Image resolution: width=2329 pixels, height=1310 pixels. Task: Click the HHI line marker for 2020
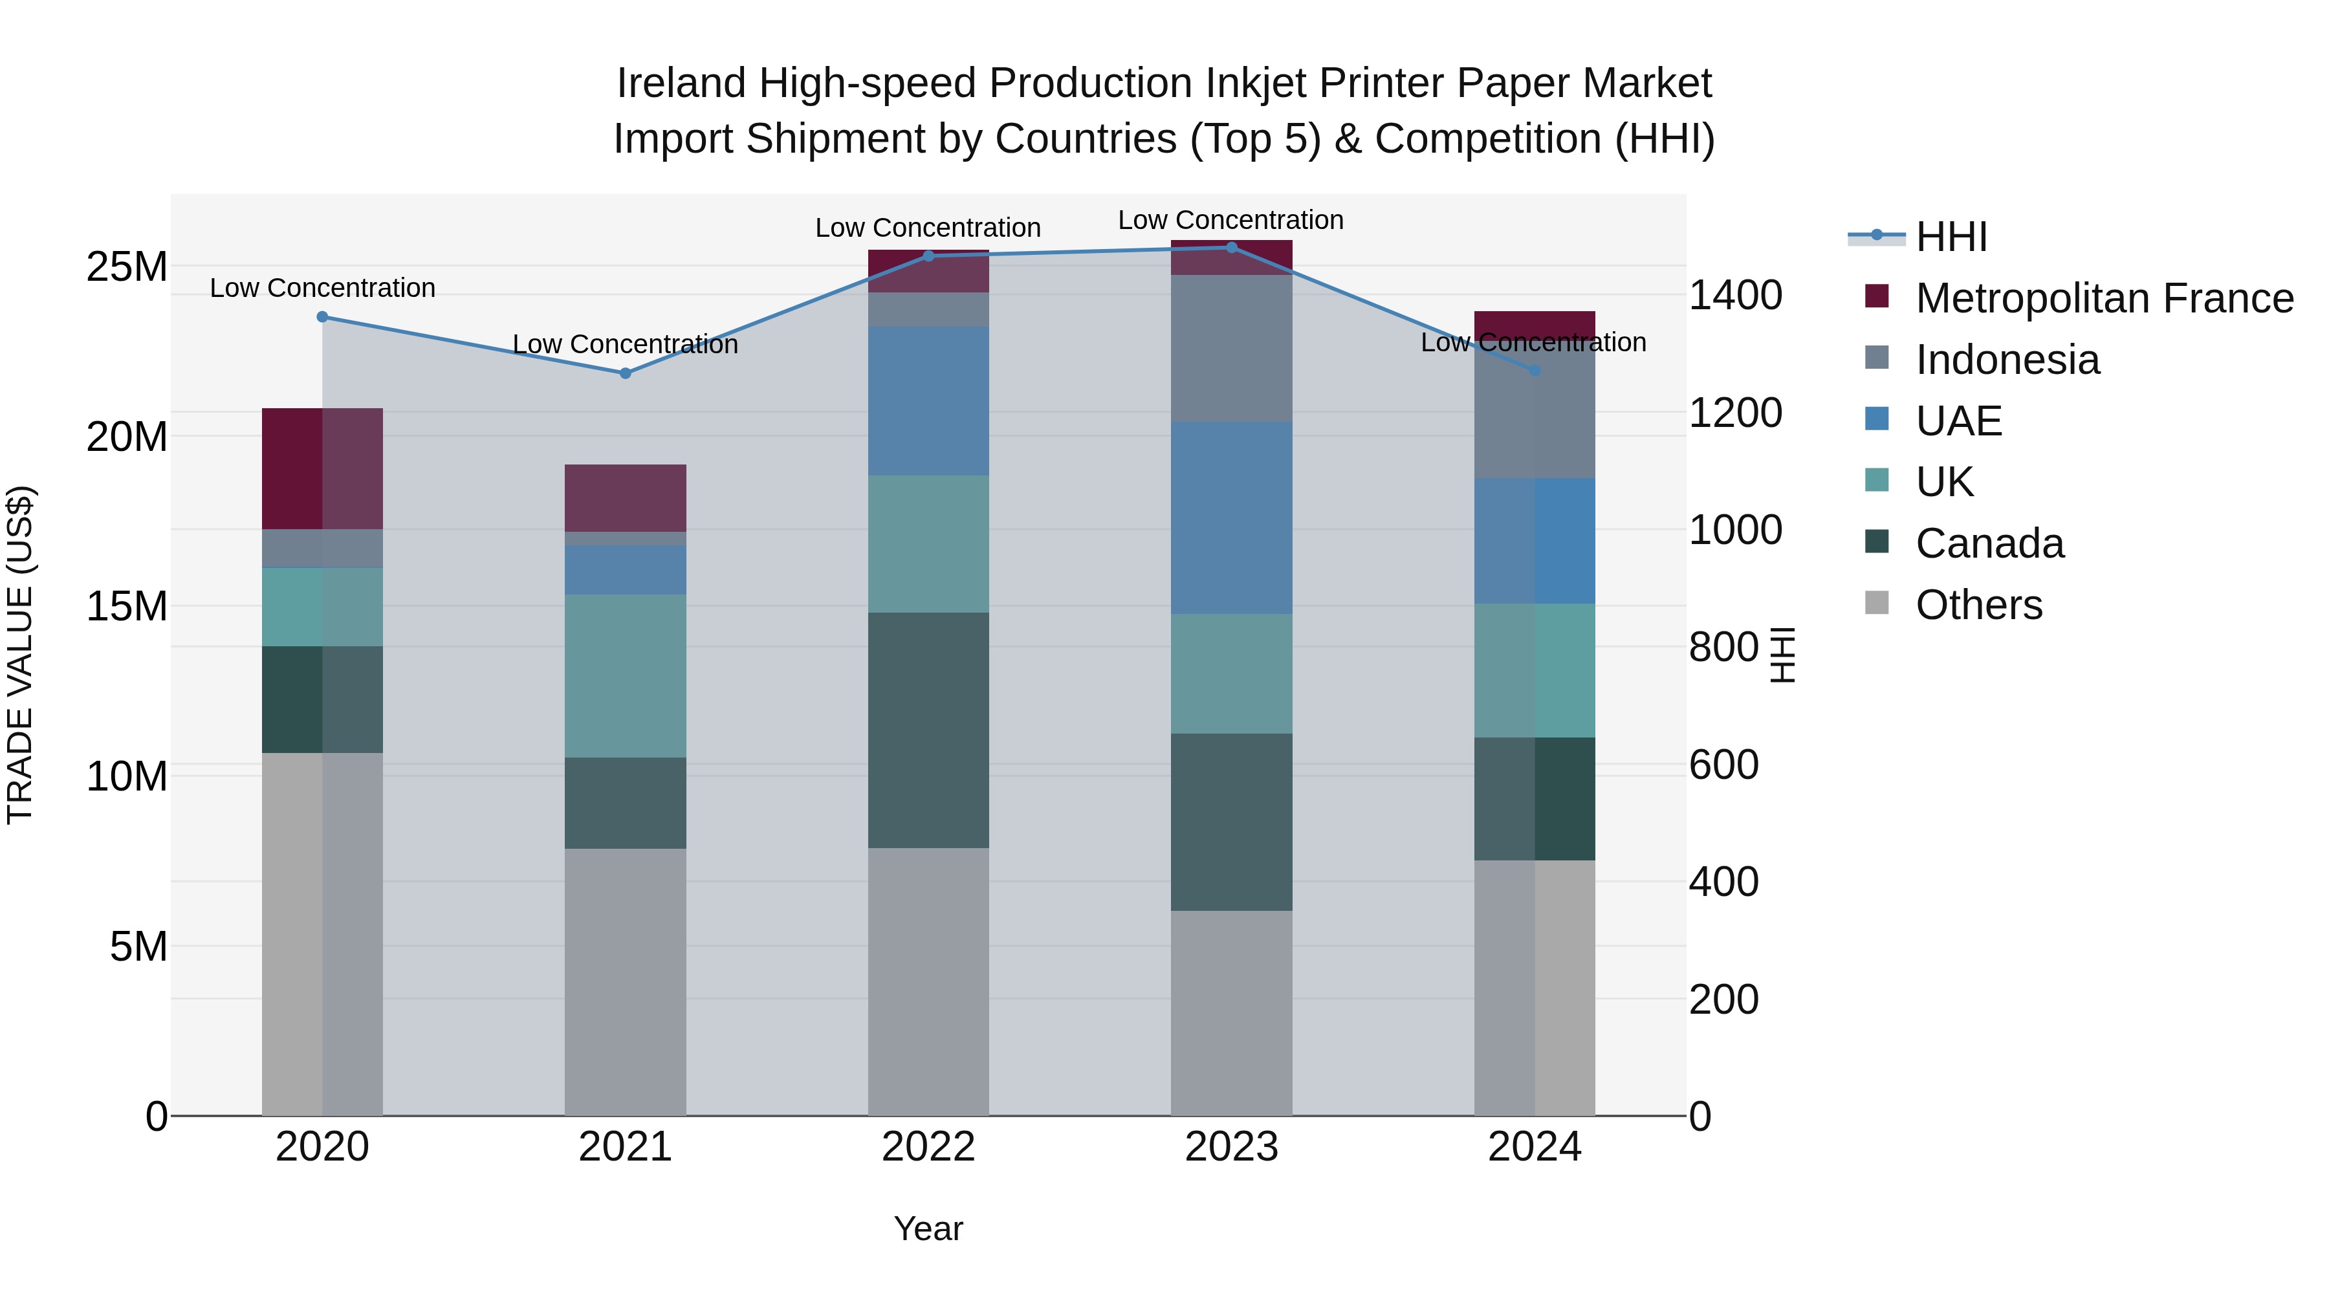322,316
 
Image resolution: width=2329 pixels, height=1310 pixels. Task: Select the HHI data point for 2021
625,373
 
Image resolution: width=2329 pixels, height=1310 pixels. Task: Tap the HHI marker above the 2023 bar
1230,247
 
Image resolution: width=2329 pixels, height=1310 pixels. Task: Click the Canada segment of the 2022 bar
928,730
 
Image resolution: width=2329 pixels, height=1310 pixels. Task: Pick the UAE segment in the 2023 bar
1230,518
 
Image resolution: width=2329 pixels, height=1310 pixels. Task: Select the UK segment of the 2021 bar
625,675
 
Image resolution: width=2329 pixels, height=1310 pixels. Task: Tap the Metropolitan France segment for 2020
322,468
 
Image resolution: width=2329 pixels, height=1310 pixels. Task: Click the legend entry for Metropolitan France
2103,298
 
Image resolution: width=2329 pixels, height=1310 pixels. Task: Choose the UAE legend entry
1958,421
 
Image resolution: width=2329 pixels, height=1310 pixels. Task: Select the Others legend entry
1978,605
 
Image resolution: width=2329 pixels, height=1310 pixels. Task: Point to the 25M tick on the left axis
127,267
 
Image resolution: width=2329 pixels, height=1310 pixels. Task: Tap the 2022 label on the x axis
928,1147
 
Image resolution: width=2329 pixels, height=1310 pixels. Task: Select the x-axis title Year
928,1228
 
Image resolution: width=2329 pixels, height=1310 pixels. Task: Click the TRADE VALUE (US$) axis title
20,655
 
